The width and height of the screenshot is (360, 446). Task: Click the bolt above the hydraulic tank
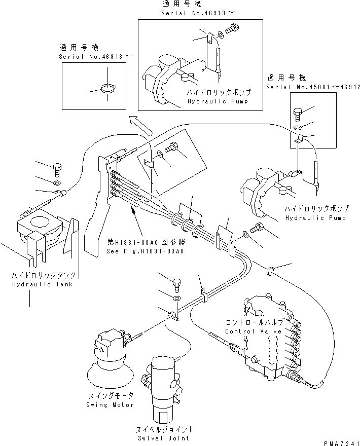pos(56,167)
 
